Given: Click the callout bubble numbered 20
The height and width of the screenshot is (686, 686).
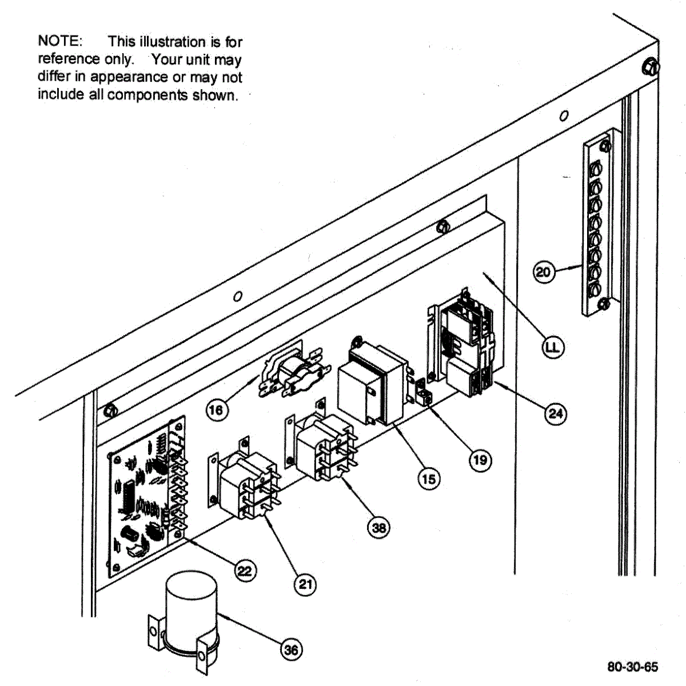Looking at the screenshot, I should click(x=543, y=271).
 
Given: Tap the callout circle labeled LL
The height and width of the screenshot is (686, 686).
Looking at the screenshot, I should click(x=553, y=347).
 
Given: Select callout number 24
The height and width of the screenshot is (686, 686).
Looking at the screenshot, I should click(x=556, y=413).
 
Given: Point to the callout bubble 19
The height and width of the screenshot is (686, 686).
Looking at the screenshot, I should click(x=480, y=459).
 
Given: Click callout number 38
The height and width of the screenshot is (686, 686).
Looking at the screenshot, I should click(x=379, y=527).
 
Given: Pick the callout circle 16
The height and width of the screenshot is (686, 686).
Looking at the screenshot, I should click(x=216, y=409).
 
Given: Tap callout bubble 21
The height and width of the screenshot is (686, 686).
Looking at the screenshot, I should click(x=306, y=584).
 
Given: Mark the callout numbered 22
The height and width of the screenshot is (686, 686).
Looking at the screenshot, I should click(x=245, y=571).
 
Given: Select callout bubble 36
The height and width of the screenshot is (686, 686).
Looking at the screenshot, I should click(x=291, y=649).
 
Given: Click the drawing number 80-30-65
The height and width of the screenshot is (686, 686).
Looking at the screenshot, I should click(x=632, y=667).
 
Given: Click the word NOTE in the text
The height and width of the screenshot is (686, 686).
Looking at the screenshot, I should click(x=59, y=41).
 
